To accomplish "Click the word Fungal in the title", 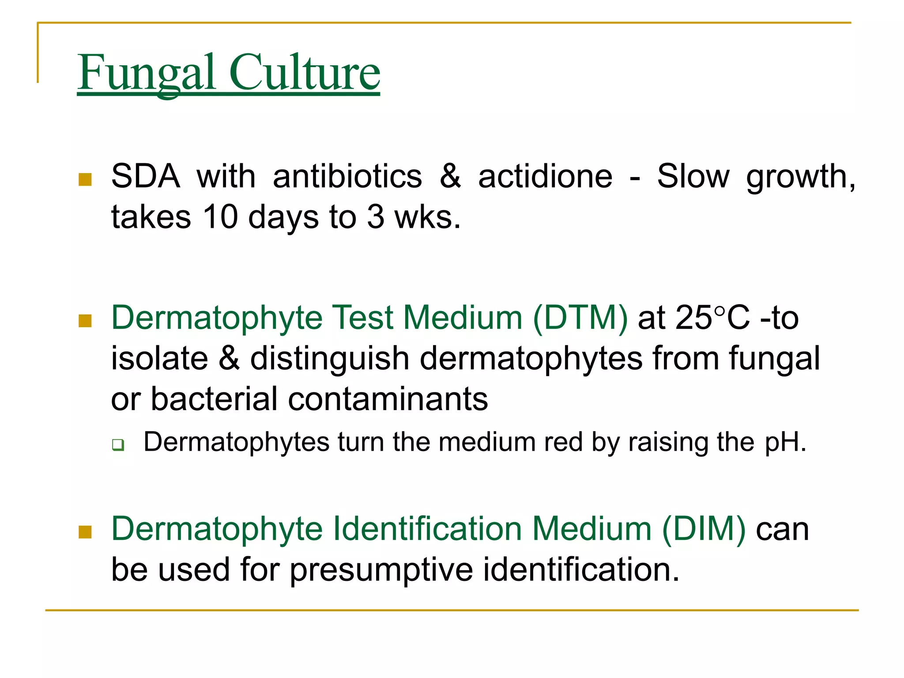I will click(146, 73).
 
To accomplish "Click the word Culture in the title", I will click(304, 73).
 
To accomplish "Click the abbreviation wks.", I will click(427, 217).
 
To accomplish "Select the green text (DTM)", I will click(580, 317).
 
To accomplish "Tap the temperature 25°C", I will click(712, 317).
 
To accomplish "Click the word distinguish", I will click(330, 358).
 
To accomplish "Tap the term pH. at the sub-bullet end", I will click(785, 442).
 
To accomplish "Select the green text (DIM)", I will click(704, 529).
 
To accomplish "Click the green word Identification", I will click(427, 529).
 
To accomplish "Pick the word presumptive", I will click(381, 569).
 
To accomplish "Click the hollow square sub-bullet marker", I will click(118, 444).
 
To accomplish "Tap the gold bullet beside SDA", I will click(85, 180).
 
